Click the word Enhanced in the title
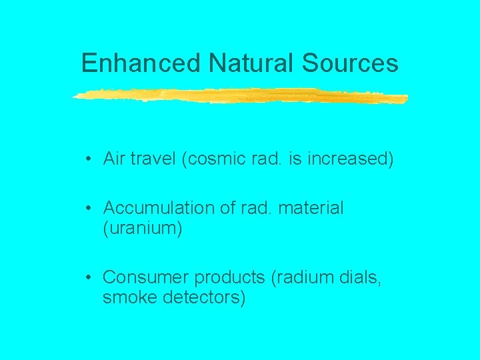pyautogui.click(x=141, y=63)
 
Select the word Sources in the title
pyautogui.click(x=350, y=63)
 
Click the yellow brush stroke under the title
pyautogui.click(x=240, y=96)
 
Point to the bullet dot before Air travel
pyautogui.click(x=88, y=159)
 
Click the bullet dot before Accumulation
pyautogui.click(x=88, y=209)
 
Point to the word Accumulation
pyautogui.click(x=160, y=208)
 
